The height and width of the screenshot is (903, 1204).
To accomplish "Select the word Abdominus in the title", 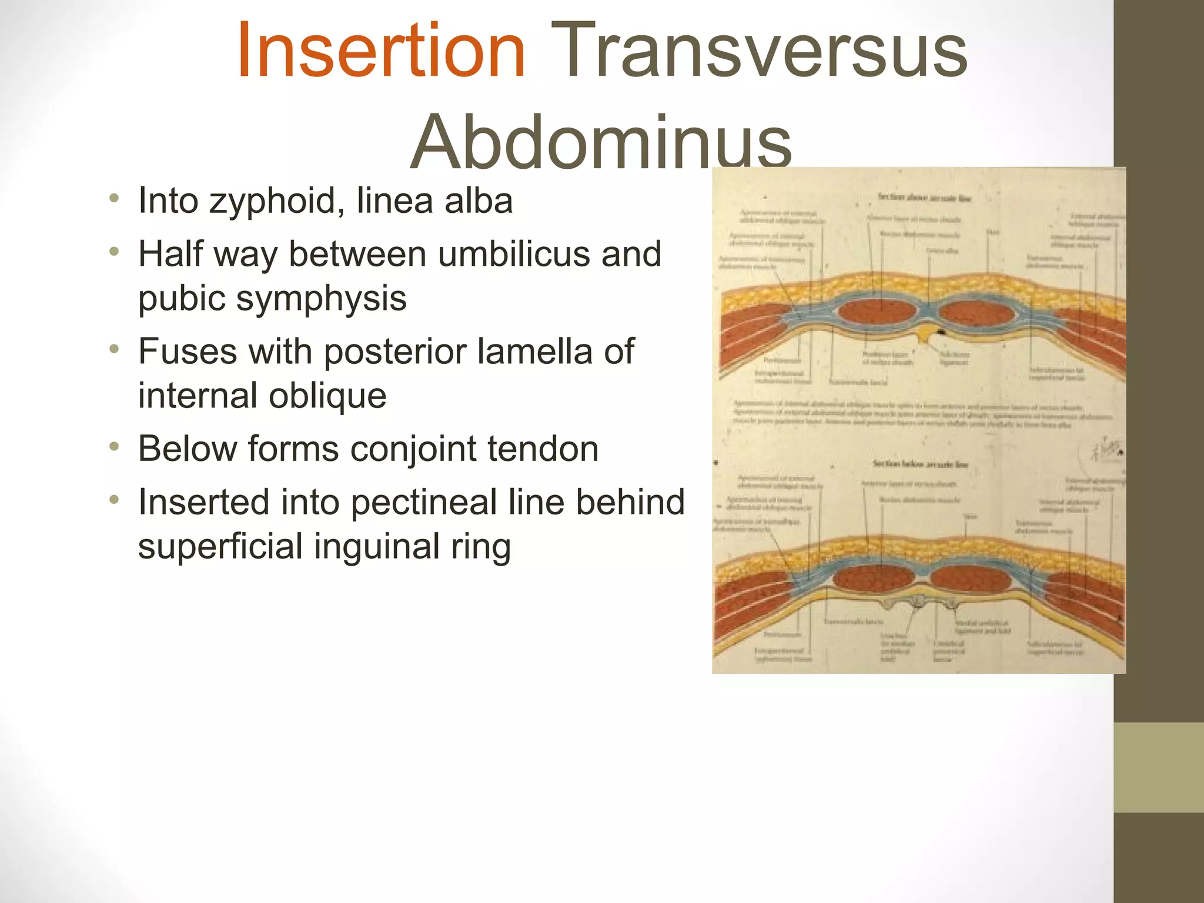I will [x=601, y=143].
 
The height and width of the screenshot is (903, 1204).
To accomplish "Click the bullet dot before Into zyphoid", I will [x=114, y=199].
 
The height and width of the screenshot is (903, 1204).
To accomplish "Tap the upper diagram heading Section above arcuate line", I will [x=924, y=198].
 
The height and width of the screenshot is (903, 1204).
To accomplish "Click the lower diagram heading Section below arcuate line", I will [x=920, y=464].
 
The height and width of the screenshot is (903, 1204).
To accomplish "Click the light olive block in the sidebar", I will [x=1158, y=767].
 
